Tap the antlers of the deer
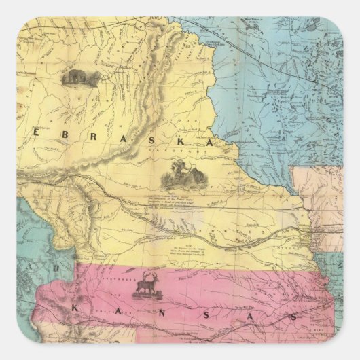147,275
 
